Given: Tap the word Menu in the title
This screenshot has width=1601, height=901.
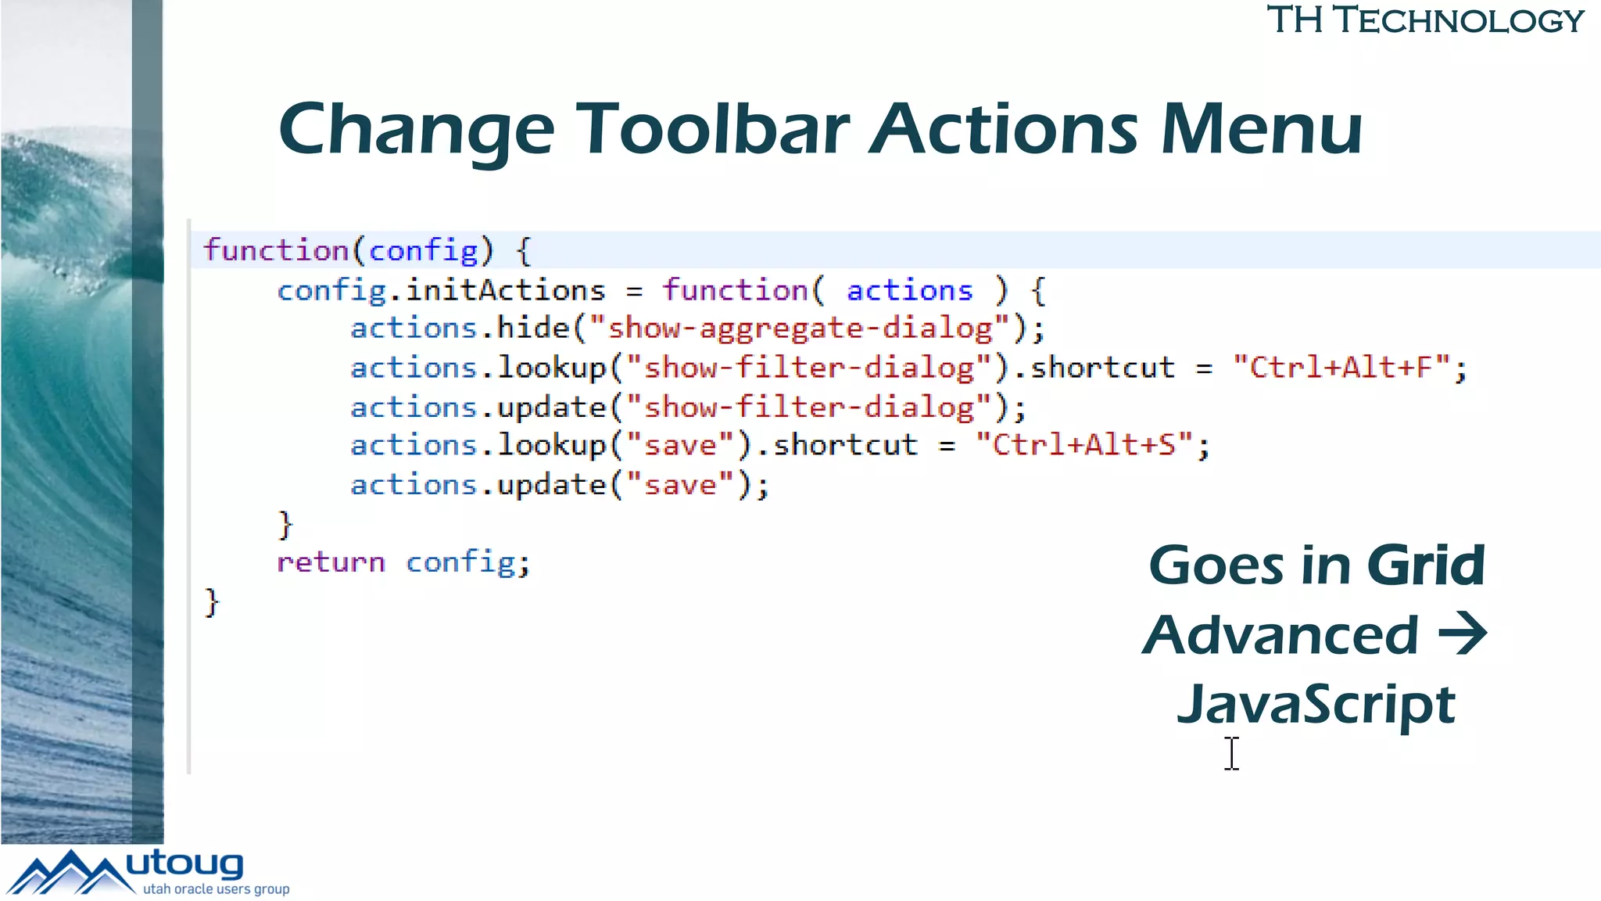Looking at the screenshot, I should tap(1261, 129).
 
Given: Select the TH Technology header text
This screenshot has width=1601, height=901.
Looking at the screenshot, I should tap(1424, 20).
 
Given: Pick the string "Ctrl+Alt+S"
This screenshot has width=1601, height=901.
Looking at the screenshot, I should tap(1084, 445).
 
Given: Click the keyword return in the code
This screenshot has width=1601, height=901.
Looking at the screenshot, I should tap(331, 562).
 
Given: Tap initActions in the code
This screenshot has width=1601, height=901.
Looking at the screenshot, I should tap(505, 290).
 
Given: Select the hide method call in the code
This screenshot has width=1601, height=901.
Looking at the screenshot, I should tap(533, 328).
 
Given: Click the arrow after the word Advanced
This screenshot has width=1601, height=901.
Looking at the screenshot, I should tap(1463, 634).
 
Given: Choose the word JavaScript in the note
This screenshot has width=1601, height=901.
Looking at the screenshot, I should tap(1316, 704).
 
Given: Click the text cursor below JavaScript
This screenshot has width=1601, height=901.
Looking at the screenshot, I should tap(1232, 753).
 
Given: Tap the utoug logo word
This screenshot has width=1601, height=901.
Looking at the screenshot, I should tap(184, 865).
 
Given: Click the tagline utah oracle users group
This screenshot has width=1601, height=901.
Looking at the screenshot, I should tap(216, 889).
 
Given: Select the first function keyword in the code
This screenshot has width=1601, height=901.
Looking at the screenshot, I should tap(276, 251).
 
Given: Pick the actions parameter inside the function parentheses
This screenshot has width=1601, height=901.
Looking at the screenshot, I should tap(909, 290).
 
